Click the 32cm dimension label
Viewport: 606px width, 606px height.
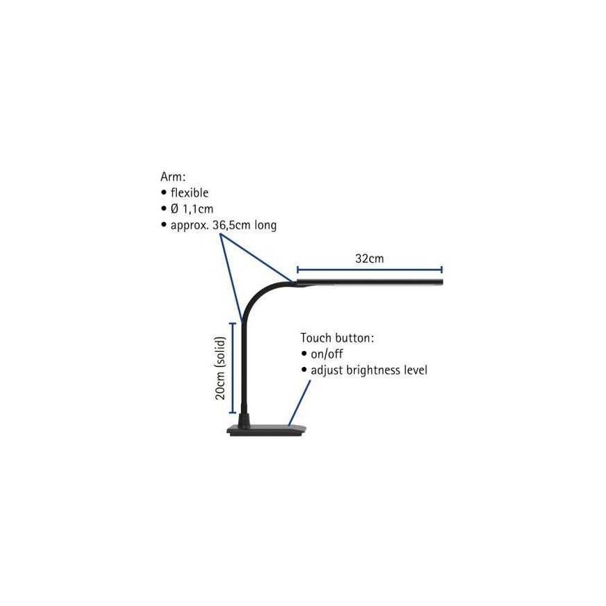point(369,258)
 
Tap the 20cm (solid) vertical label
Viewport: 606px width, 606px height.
point(220,368)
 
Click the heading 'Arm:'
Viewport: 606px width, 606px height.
point(173,177)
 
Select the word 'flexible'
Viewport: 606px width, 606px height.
point(189,192)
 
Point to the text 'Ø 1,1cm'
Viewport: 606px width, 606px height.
point(192,209)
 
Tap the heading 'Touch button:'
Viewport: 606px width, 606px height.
point(337,338)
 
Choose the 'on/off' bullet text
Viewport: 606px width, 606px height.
point(327,354)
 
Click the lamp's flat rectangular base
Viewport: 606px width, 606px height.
point(267,430)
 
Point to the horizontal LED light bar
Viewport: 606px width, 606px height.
point(369,281)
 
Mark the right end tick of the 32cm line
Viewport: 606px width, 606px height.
point(442,270)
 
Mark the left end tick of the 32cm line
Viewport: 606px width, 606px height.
point(297,270)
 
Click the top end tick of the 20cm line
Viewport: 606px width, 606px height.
point(233,323)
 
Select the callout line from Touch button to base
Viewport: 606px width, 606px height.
point(299,403)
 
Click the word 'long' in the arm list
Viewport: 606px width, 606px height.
point(265,225)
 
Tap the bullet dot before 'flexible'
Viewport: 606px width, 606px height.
point(164,192)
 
